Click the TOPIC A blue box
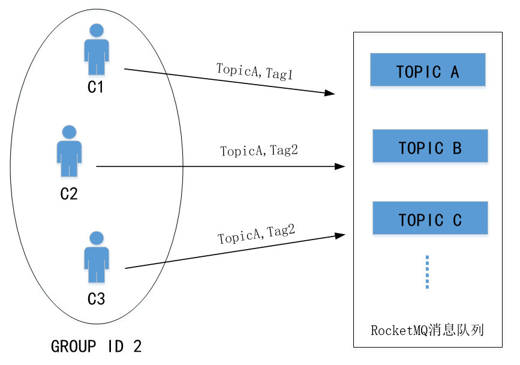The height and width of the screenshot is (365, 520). click(x=427, y=70)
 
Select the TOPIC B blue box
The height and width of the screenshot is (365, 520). click(x=429, y=146)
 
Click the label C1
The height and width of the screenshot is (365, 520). click(x=96, y=88)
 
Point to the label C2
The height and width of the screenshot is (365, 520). click(x=69, y=194)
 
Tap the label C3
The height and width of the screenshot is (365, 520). click(x=96, y=298)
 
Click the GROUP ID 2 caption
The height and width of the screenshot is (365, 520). click(x=97, y=346)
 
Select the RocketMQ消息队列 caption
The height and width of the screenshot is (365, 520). click(x=427, y=330)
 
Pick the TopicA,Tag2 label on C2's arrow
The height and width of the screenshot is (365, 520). click(x=259, y=151)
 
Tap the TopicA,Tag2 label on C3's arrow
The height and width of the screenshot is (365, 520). click(x=257, y=234)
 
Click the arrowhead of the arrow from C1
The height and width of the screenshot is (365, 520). click(x=329, y=93)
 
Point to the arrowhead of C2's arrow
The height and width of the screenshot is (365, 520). click(x=341, y=166)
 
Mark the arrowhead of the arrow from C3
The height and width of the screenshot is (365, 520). click(x=340, y=235)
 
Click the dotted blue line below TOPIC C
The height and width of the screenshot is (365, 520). click(x=427, y=271)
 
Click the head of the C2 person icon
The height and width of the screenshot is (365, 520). click(x=69, y=131)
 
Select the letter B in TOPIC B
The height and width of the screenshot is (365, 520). click(x=456, y=147)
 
